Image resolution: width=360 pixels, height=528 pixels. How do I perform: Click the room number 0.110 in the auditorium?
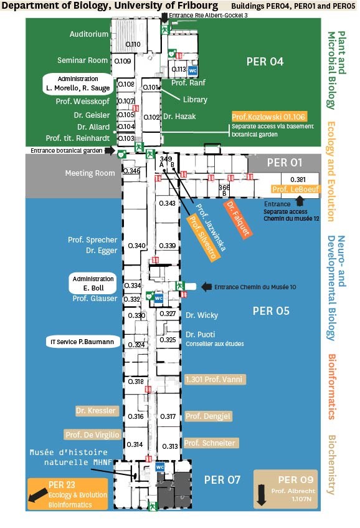pyautogui.click(x=133, y=44)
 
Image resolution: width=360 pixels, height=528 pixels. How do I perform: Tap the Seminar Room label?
pyautogui.click(x=82, y=60)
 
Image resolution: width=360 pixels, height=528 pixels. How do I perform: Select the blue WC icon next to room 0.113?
pyautogui.click(x=192, y=70)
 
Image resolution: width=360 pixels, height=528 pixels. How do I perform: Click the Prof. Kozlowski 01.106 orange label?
pyautogui.click(x=269, y=117)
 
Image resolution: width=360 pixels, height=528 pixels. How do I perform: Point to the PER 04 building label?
pyautogui.click(x=265, y=62)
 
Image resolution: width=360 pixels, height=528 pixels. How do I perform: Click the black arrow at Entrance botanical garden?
pyautogui.click(x=110, y=150)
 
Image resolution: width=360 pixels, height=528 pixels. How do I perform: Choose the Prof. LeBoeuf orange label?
pyautogui.click(x=295, y=189)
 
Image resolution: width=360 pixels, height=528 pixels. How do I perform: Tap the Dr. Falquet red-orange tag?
pyautogui.click(x=238, y=218)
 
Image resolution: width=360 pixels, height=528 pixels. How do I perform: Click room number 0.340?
pyautogui.click(x=136, y=246)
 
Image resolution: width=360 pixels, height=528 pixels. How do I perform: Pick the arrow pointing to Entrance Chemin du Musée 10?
pyautogui.click(x=206, y=287)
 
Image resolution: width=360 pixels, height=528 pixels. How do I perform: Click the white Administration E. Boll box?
pyautogui.click(x=93, y=283)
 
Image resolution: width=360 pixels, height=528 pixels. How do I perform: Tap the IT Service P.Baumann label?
pyautogui.click(x=83, y=342)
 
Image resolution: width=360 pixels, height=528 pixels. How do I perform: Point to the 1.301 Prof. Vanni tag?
pyautogui.click(x=216, y=380)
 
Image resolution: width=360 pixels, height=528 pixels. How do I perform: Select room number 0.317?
pyautogui.click(x=168, y=416)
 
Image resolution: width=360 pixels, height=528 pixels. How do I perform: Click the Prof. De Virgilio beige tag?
pyautogui.click(x=92, y=434)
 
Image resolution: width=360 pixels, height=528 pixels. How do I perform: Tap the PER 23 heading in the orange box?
pyautogui.click(x=62, y=485)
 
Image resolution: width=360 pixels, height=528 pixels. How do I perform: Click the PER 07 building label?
pyautogui.click(x=222, y=480)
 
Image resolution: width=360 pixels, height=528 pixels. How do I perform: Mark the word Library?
pyautogui.click(x=195, y=100)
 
